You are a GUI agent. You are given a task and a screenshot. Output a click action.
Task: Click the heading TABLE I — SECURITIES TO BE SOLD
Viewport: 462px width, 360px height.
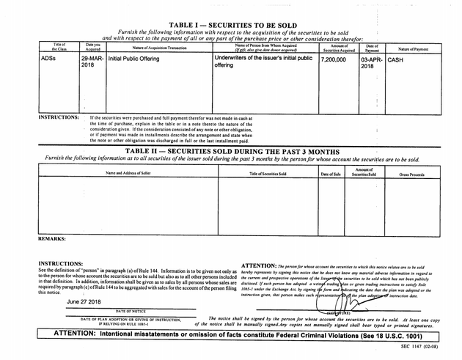232,25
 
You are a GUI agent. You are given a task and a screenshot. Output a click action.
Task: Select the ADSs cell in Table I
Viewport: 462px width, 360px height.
49,58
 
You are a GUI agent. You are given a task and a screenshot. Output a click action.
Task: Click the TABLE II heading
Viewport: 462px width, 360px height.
232,151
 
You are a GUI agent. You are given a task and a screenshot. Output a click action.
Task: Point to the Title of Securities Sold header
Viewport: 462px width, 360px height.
268,173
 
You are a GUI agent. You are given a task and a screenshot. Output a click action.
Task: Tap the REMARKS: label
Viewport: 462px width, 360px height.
51,238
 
